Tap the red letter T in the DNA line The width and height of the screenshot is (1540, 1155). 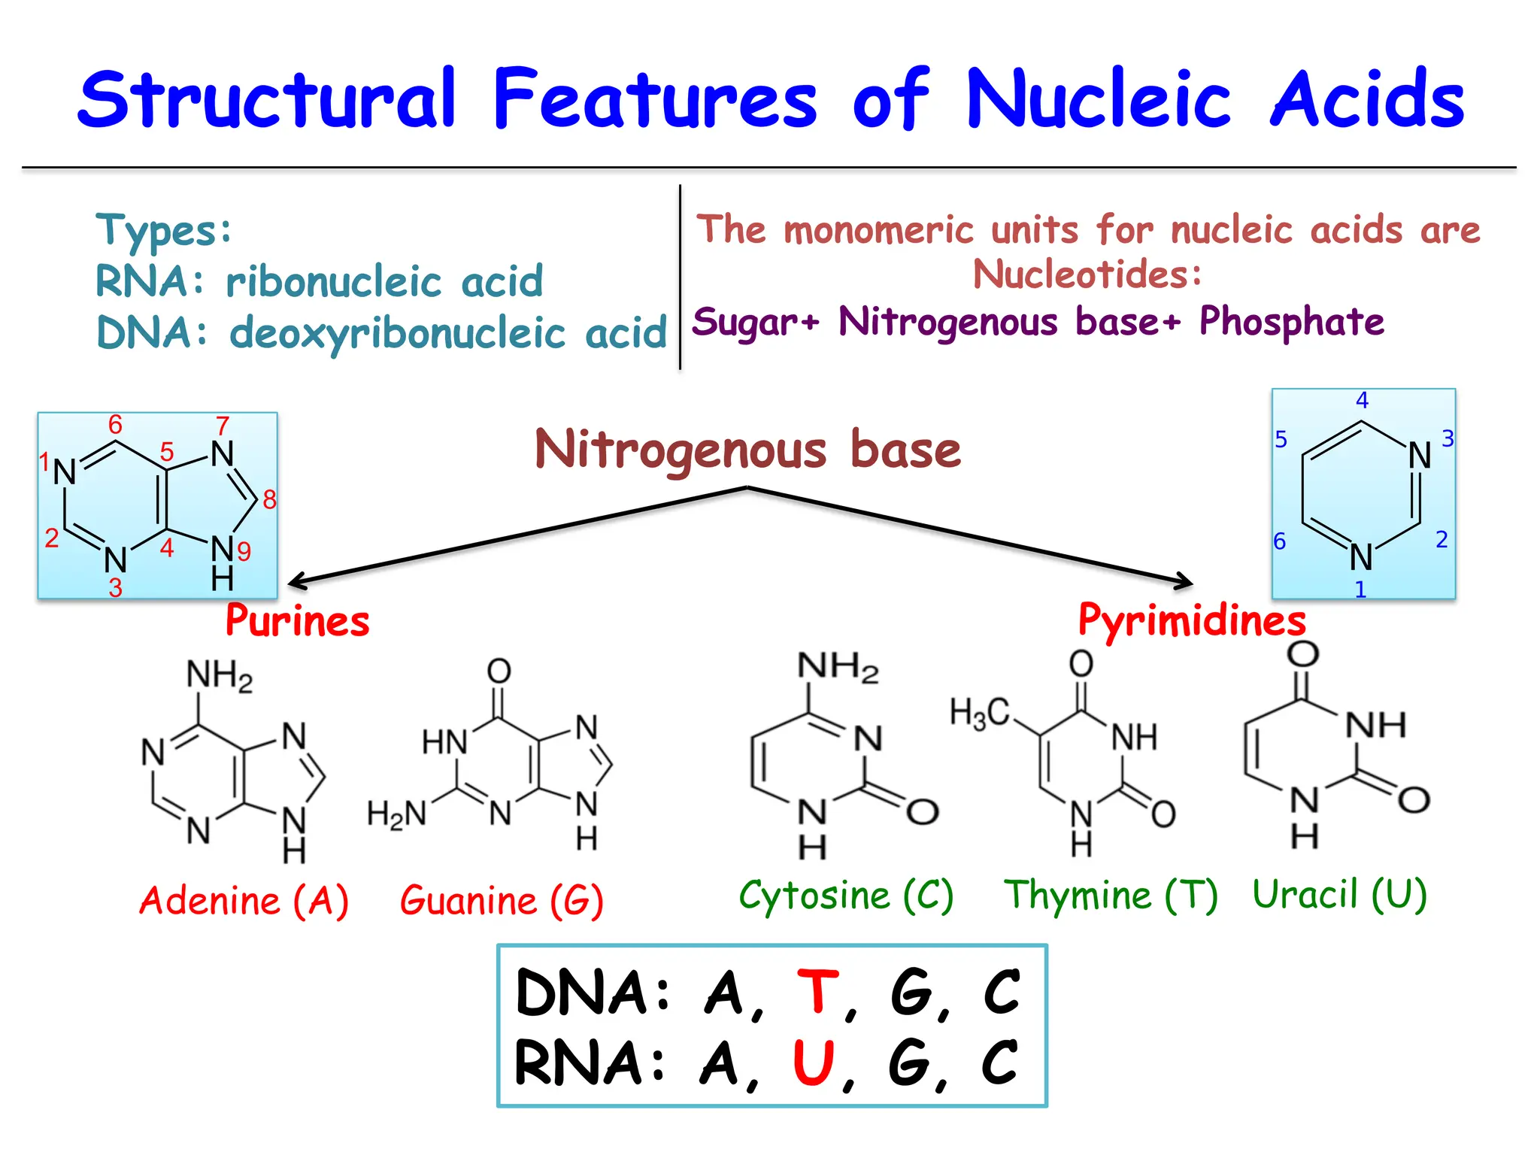[x=817, y=992]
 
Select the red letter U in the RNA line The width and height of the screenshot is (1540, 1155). [x=814, y=1063]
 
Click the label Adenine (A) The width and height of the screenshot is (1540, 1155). [x=244, y=900]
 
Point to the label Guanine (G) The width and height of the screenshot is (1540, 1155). [x=502, y=900]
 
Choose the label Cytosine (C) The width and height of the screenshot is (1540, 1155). [x=846, y=895]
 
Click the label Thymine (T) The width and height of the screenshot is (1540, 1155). [x=1111, y=895]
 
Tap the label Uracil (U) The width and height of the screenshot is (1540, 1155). [x=1339, y=894]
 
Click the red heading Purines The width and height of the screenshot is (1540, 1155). [x=298, y=621]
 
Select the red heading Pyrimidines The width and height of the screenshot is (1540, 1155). [x=1192, y=620]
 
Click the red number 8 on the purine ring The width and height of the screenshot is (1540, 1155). [x=269, y=499]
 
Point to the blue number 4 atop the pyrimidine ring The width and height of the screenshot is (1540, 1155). [x=1362, y=400]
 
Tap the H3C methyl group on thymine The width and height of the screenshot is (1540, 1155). [x=979, y=712]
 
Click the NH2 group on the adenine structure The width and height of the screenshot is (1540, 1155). [x=219, y=675]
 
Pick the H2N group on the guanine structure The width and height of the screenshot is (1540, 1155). [x=396, y=814]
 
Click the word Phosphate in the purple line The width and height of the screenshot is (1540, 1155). [x=1291, y=322]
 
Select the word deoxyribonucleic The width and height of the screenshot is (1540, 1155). [x=397, y=333]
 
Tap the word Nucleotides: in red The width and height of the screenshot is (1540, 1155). [x=1087, y=274]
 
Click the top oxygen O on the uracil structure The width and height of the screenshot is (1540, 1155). [x=1302, y=653]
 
